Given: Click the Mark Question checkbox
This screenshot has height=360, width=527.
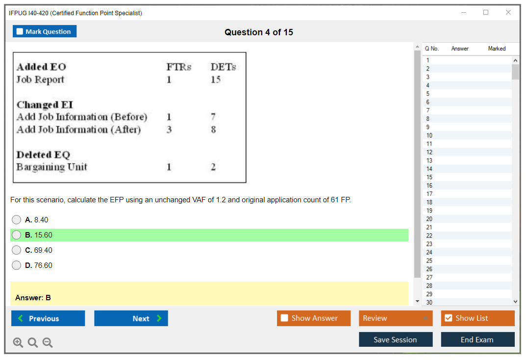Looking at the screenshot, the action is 20,31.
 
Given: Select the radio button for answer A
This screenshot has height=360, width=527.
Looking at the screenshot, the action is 16,219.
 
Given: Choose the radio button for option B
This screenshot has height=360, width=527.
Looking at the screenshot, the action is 16,235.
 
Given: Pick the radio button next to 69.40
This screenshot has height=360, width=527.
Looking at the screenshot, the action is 16,250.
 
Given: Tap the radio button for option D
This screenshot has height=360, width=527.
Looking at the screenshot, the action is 16,265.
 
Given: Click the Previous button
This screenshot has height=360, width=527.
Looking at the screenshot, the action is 48,318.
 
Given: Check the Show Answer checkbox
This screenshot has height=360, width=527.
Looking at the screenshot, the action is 284,318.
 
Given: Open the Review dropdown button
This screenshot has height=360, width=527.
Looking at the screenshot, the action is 396,318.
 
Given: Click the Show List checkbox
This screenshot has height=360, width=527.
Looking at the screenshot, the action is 449,318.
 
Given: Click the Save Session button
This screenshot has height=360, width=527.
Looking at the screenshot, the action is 396,339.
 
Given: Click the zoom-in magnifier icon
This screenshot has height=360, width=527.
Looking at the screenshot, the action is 18,342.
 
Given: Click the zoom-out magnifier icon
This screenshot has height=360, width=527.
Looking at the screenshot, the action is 48,342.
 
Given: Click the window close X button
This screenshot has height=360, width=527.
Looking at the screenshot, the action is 508,12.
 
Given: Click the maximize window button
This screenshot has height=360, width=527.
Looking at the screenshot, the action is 486,12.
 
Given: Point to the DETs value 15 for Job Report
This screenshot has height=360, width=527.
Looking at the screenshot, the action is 215,79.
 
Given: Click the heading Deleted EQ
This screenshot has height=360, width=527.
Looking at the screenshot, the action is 43,154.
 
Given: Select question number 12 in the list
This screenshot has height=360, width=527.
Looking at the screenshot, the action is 429,152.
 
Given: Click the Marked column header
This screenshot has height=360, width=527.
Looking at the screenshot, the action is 497,48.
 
